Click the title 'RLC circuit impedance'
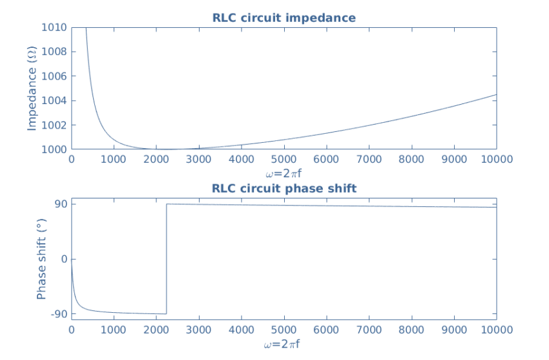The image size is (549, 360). pos(284,18)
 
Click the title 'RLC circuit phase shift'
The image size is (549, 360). pos(284,189)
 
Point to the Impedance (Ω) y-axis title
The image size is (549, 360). pos(32,89)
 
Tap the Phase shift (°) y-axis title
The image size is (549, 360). pos(41,259)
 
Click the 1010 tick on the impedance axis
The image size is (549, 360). pos(55,28)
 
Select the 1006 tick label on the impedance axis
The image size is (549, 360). pos(55,76)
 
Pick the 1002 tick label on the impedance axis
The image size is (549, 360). pos(55,125)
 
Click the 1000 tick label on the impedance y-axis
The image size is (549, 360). pos(55,149)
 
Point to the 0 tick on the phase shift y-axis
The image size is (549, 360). pos(63,259)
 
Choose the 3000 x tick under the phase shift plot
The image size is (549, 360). pos(198,330)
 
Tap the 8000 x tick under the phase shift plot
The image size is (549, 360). pos(411,330)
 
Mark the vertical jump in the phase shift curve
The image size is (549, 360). pos(167,259)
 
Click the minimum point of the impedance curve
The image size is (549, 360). pos(166,149)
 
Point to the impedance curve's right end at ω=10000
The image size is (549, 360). pos(496,94)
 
